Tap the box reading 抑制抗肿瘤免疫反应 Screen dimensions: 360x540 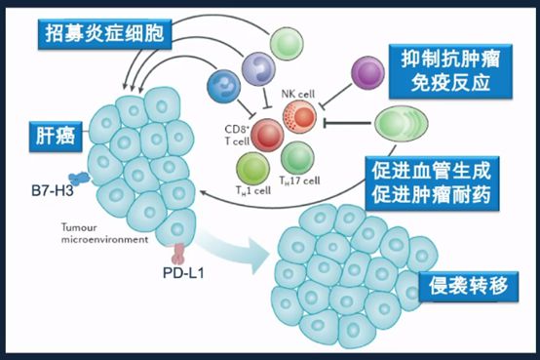pos(449,70)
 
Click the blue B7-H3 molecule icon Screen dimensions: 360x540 pos(77,180)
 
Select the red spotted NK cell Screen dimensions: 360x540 pos(300,119)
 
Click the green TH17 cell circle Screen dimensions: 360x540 pos(298,157)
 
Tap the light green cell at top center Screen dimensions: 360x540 pos(287,43)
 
